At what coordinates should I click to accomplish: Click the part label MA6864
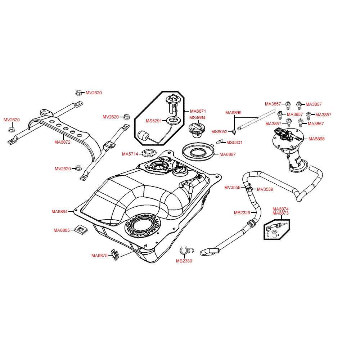click(59, 212)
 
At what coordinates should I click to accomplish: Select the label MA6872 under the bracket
click(62, 142)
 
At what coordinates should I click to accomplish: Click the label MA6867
click(228, 154)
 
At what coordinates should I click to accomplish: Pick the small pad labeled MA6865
click(81, 230)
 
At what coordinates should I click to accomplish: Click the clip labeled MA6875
click(115, 255)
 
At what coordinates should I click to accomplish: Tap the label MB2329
click(242, 213)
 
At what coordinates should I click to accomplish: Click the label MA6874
click(280, 209)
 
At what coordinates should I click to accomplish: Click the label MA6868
click(316, 139)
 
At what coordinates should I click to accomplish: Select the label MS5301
click(234, 143)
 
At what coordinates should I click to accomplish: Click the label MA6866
click(233, 113)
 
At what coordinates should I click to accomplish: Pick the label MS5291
click(153, 121)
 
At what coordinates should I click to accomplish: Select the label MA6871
click(198, 111)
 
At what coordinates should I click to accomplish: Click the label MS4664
click(197, 118)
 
